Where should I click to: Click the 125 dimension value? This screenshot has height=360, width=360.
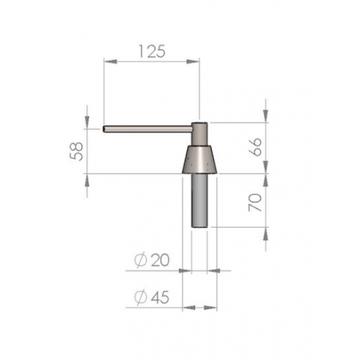coord(152,52)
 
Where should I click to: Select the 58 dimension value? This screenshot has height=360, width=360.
coord(76,151)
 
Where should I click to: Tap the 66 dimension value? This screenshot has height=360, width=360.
coord(256,147)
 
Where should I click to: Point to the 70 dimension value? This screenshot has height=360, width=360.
coord(255,202)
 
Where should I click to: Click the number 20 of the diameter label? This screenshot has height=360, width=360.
coord(161,261)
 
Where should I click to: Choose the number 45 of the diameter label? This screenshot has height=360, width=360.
coord(160,297)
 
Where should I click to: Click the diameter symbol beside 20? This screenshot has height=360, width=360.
coord(140,261)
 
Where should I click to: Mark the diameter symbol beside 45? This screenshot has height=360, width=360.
coord(140,297)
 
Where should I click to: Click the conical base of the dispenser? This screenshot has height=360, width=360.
coord(199,159)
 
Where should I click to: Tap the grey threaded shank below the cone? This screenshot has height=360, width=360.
coord(199,200)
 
